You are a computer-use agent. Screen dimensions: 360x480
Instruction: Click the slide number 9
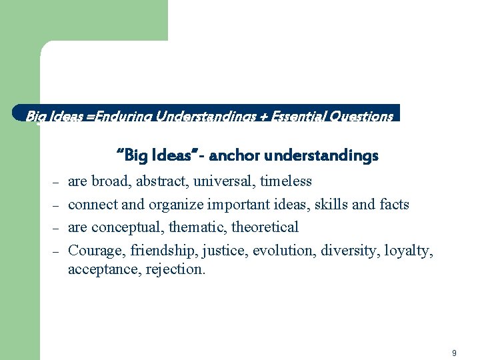454,353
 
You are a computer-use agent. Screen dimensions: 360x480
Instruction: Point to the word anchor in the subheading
234,156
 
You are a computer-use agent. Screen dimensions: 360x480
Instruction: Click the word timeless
286,181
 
